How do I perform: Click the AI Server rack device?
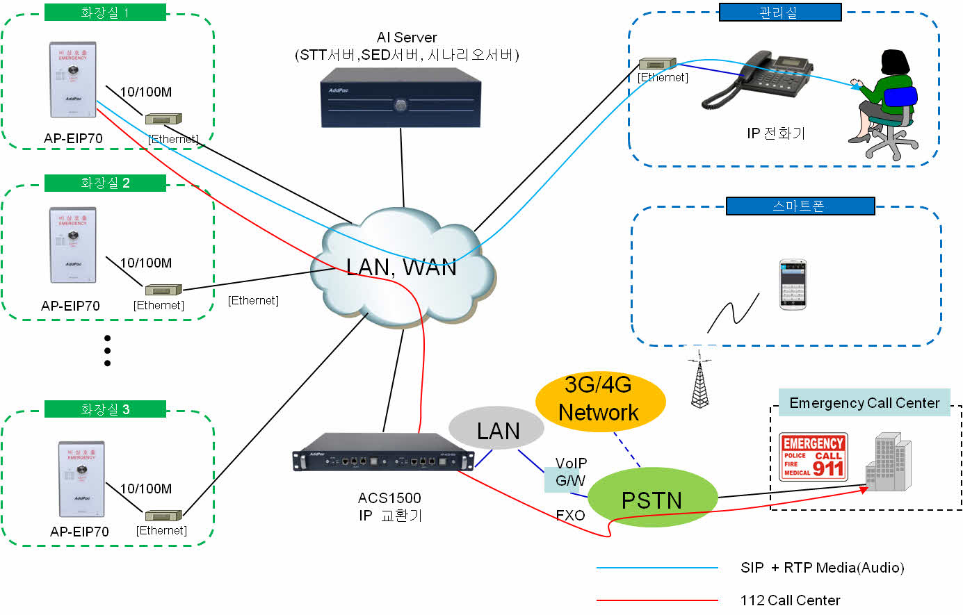(400, 102)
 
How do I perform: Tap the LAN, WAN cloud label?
(401, 268)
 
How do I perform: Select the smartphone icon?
(792, 284)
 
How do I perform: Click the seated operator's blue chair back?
(900, 97)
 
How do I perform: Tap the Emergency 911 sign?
(813, 457)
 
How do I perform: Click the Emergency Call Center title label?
(864, 403)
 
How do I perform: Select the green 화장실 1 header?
(105, 13)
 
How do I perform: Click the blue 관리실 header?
(779, 13)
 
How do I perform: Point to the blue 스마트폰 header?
(800, 206)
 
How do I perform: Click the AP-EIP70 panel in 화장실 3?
(81, 479)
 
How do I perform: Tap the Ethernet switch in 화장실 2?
(163, 290)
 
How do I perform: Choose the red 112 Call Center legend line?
(657, 600)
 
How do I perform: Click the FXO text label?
(570, 515)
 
